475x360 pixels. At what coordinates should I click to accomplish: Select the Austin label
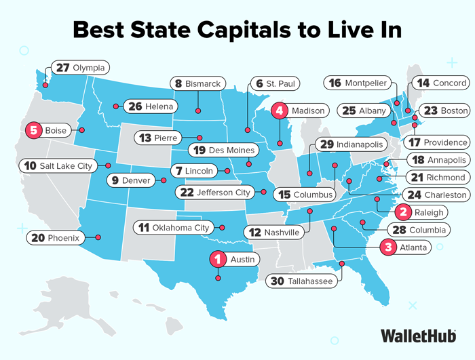coord(234,258)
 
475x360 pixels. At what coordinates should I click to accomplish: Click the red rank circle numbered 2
coord(403,212)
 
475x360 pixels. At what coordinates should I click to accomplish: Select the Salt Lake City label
coord(57,165)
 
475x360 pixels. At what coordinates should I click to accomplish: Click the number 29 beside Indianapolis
coord(326,145)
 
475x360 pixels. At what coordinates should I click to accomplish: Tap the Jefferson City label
coord(214,192)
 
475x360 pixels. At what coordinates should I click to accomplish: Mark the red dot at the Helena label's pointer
coord(116,106)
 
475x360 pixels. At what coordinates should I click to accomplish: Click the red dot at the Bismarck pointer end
coord(198,111)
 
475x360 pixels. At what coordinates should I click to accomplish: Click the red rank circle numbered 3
coord(388,247)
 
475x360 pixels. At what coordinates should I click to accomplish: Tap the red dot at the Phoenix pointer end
coord(98,237)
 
